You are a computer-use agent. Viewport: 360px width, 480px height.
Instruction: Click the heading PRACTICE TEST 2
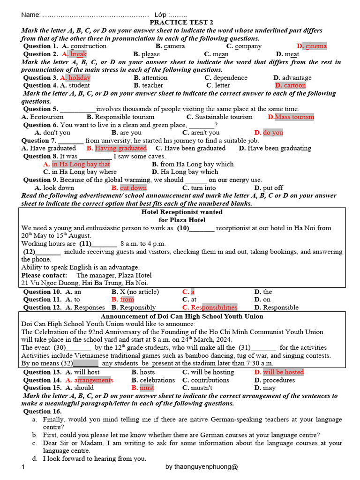pyautogui.click(x=181, y=22)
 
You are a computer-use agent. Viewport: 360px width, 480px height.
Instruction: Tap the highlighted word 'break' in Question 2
pyautogui.click(x=78, y=54)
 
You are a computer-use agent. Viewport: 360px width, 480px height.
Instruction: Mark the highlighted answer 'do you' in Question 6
pyautogui.click(x=273, y=133)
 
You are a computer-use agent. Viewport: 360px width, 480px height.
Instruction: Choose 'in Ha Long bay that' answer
pyautogui.click(x=81, y=164)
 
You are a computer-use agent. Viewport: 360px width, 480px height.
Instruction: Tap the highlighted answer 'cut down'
pyautogui.click(x=133, y=187)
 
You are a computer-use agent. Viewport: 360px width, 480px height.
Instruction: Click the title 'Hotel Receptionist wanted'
pyautogui.click(x=182, y=212)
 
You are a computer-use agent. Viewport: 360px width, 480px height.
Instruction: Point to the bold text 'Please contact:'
pyautogui.click(x=44, y=275)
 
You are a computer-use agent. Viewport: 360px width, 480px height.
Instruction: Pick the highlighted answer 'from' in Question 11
pyautogui.click(x=127, y=300)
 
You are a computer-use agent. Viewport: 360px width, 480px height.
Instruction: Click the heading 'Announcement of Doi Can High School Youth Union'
pyautogui.click(x=182, y=316)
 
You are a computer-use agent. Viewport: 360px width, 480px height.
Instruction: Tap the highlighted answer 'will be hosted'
pyautogui.click(x=283, y=372)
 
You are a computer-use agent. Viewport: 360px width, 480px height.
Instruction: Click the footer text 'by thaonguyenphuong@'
pyautogui.click(x=202, y=467)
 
